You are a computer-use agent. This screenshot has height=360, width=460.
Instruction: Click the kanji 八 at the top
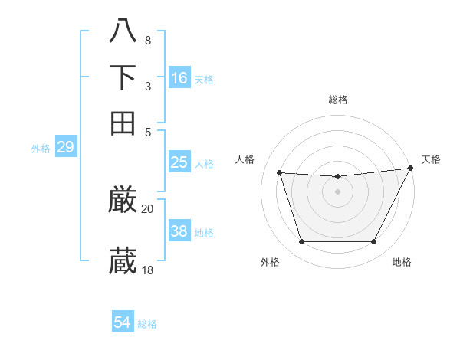coord(123,31)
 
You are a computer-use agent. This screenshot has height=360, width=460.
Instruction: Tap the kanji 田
coord(123,123)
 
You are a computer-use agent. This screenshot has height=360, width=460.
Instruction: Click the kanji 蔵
coord(123,260)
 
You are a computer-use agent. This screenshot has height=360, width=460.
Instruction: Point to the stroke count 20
coord(148,208)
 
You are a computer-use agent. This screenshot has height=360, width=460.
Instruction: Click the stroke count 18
coord(148,270)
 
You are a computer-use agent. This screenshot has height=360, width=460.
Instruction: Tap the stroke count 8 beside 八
coord(148,40)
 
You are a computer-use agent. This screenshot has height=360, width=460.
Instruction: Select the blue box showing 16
coord(179,77)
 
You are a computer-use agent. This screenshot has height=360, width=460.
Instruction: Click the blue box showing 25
coord(179,162)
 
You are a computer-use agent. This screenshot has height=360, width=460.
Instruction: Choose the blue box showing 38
coord(179,231)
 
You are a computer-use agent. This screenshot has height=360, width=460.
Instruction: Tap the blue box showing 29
coord(65,147)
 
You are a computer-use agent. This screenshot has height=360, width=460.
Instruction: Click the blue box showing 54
coord(123,322)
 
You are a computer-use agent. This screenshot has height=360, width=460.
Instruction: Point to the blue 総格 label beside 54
coord(147,324)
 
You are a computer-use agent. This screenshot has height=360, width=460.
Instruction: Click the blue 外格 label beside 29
coord(41,149)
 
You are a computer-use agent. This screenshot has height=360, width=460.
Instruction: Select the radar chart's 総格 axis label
coord(338,100)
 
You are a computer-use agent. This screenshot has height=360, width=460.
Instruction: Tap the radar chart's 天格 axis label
coord(431,159)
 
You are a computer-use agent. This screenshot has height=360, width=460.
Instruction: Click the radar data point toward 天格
coord(411,169)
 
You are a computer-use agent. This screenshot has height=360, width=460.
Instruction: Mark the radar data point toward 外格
coord(301,242)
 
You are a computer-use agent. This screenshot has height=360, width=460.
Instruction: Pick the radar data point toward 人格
coord(280,173)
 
